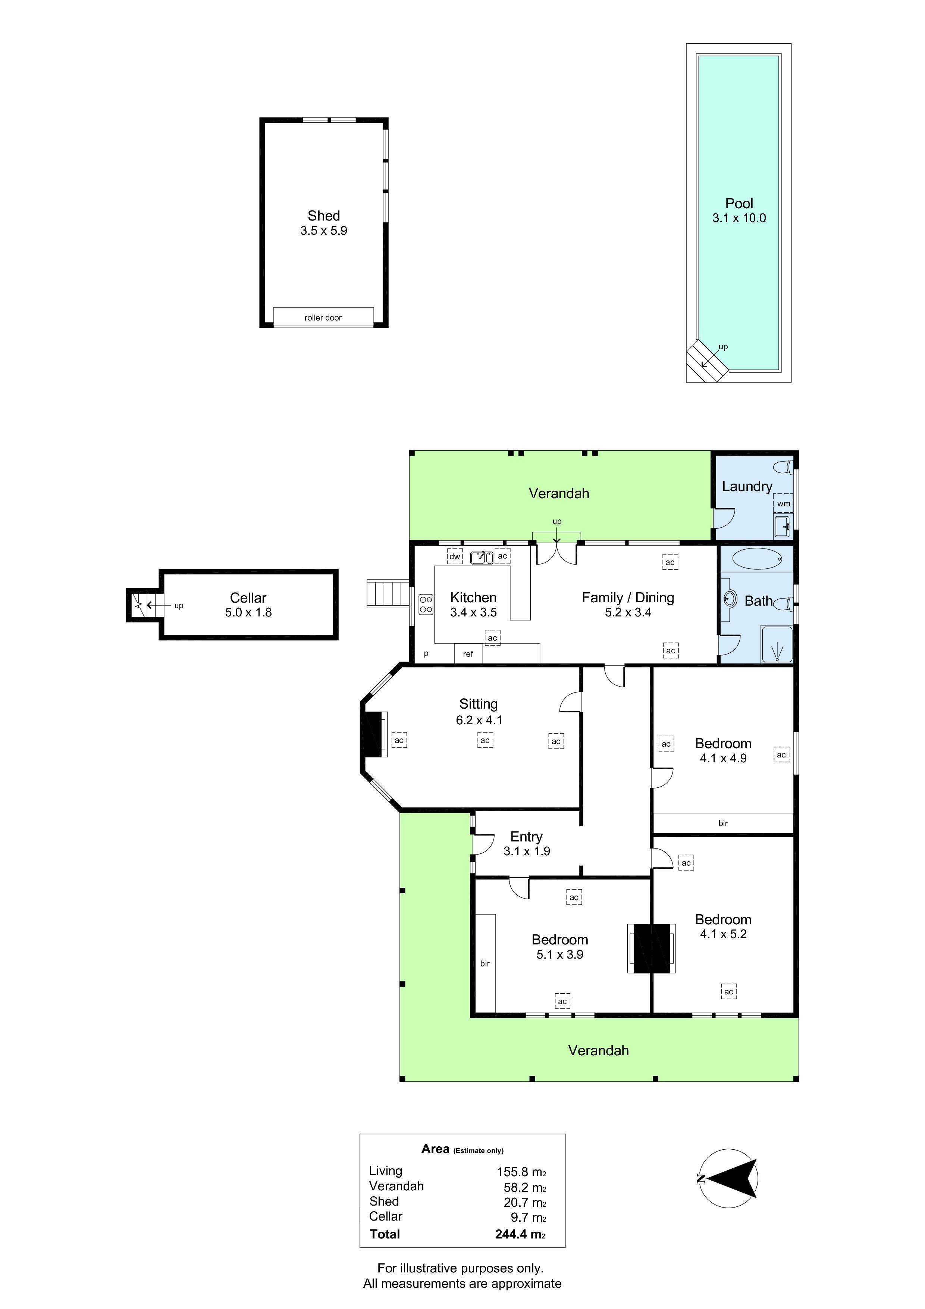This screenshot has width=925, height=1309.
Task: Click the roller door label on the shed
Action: (323, 318)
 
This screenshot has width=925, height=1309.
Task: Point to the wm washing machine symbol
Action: (784, 503)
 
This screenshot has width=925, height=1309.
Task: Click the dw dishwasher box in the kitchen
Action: (454, 556)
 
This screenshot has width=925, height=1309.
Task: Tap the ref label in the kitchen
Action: (468, 654)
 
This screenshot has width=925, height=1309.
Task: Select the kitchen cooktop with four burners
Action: (426, 604)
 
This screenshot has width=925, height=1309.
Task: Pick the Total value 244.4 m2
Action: (520, 1234)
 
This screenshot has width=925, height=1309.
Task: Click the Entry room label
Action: (526, 836)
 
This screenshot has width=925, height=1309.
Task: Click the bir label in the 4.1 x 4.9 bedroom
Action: (723, 823)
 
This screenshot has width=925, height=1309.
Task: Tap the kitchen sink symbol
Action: (482, 557)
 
